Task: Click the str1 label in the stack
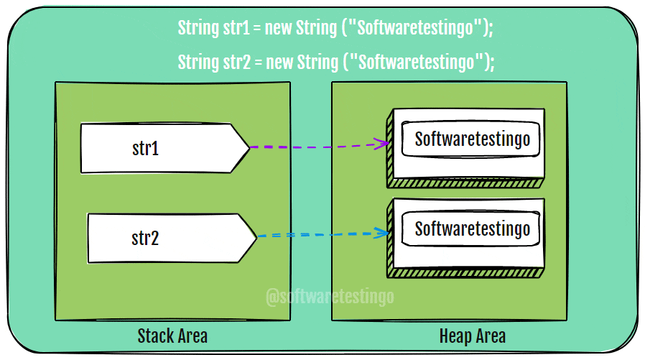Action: point(145,149)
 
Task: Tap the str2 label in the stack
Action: point(145,238)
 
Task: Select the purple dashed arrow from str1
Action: point(316,147)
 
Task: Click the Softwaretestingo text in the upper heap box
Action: point(472,138)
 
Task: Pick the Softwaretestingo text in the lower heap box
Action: point(472,229)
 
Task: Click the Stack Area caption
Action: point(172,336)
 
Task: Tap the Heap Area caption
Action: point(472,336)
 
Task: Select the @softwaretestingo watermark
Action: point(330,295)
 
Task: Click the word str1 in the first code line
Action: point(234,29)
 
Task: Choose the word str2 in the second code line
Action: point(234,62)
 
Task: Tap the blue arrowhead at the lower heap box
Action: point(384,233)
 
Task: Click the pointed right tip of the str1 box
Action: point(247,148)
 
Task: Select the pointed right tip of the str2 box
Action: point(255,237)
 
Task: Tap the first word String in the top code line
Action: point(197,29)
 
